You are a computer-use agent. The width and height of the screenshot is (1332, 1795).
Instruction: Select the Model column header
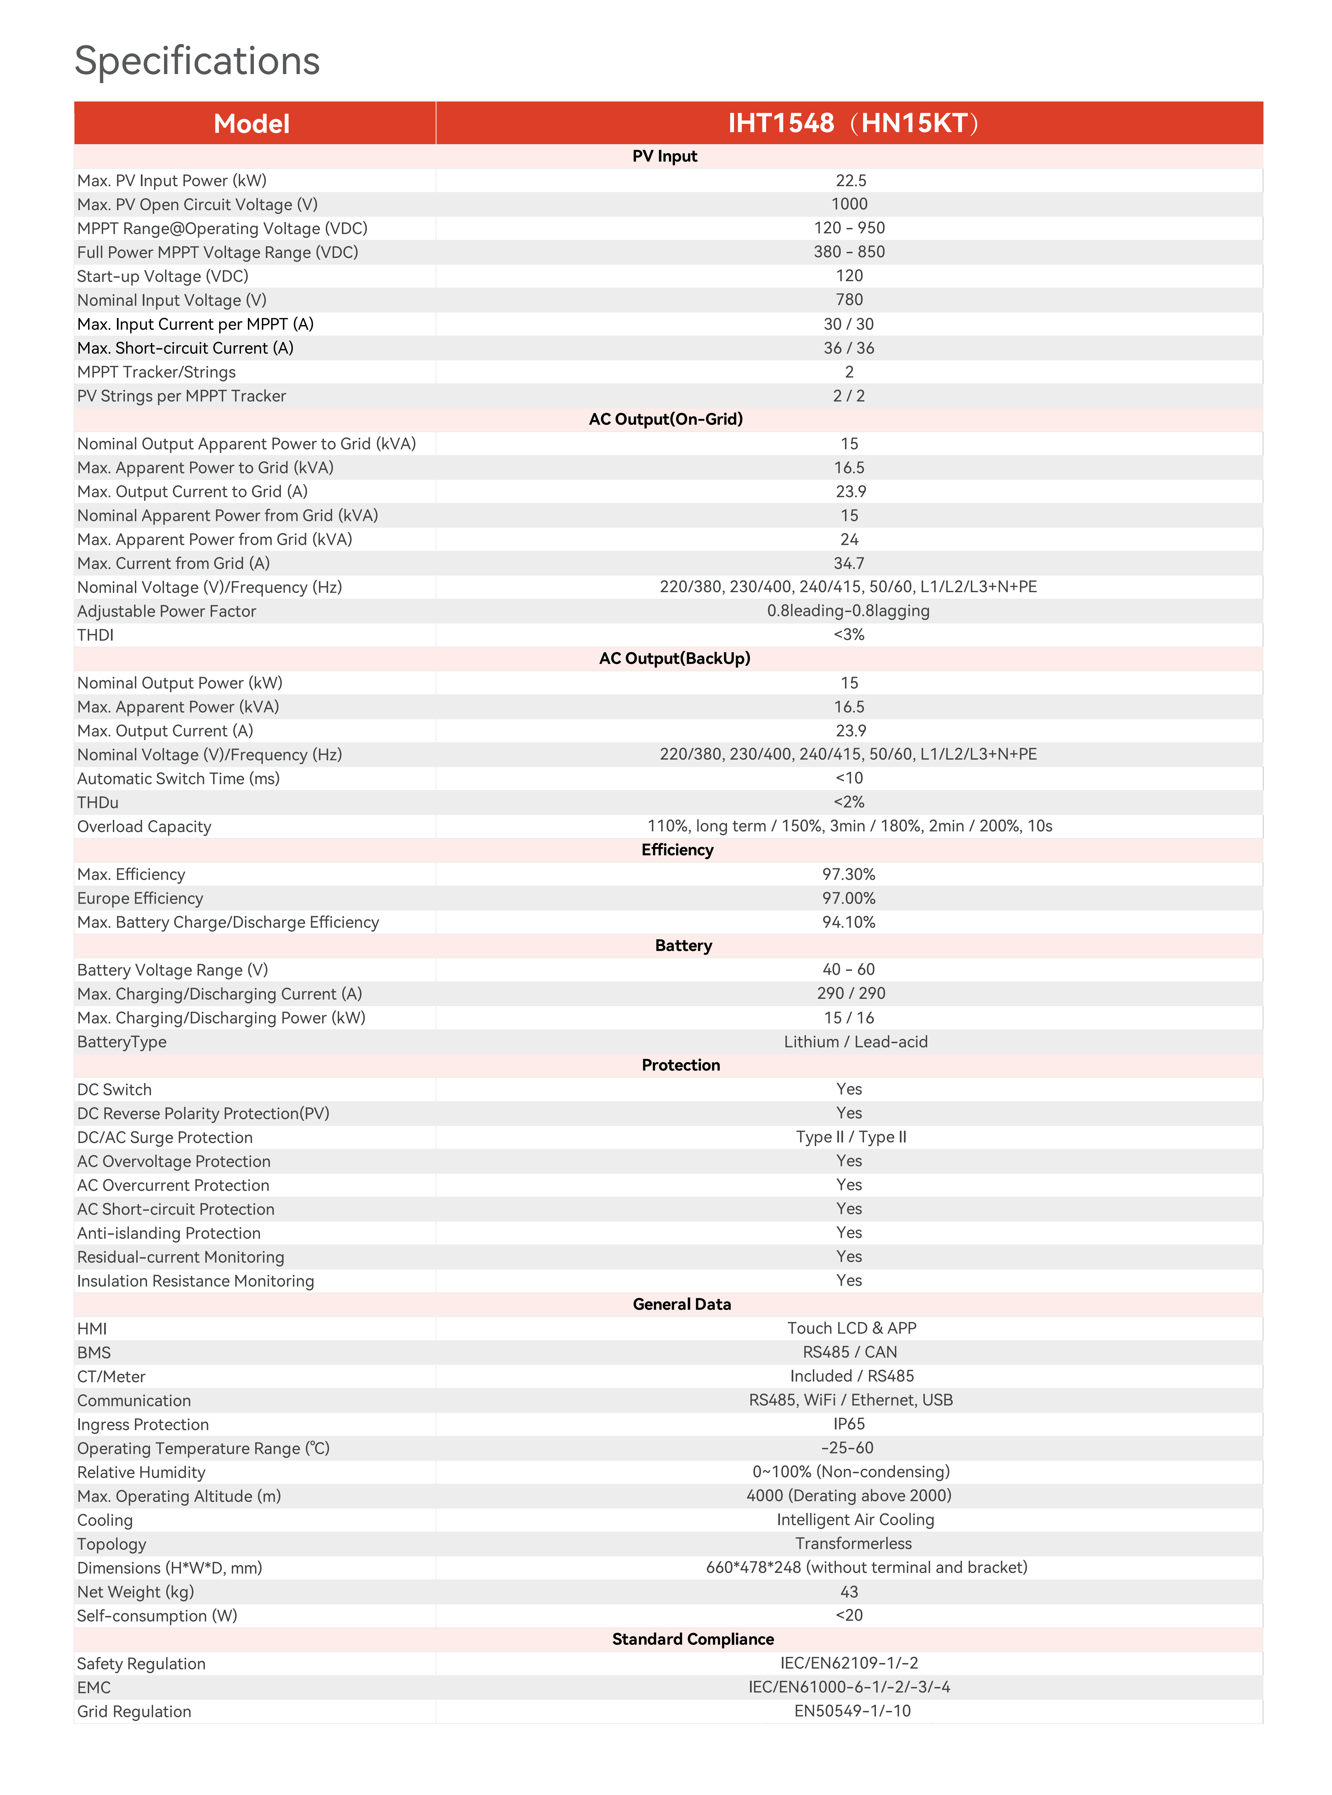tap(252, 123)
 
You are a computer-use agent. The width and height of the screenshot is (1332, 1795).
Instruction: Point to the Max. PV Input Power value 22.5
tap(851, 181)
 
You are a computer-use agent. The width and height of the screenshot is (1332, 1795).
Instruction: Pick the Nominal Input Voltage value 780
tap(849, 300)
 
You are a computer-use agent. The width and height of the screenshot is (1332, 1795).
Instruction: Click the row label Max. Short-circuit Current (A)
tap(185, 348)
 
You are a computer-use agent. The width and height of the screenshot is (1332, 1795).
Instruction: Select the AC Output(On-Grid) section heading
tap(666, 419)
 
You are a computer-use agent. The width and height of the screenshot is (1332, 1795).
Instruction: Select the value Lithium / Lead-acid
tap(856, 1042)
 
